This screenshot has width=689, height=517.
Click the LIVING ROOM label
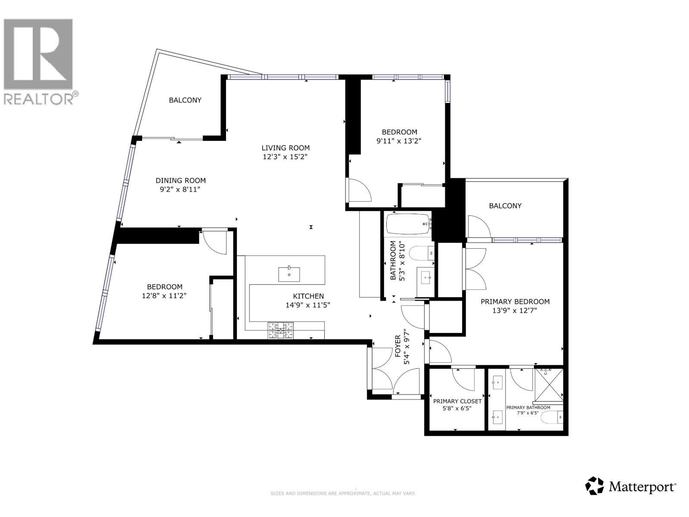tap(286, 148)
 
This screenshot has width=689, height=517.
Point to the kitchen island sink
tap(289, 274)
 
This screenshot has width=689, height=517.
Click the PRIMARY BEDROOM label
tap(515, 302)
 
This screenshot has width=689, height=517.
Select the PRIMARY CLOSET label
tap(457, 401)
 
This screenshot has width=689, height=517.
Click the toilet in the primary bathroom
tap(552, 417)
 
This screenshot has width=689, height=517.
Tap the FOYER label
tap(398, 346)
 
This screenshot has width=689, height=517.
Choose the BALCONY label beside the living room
tap(185, 100)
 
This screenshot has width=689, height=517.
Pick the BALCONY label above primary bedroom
tap(505, 206)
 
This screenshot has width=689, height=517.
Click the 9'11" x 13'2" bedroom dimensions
tap(399, 140)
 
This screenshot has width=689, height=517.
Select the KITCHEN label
tap(308, 296)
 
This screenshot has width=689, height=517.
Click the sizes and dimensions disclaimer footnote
tap(342, 493)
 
